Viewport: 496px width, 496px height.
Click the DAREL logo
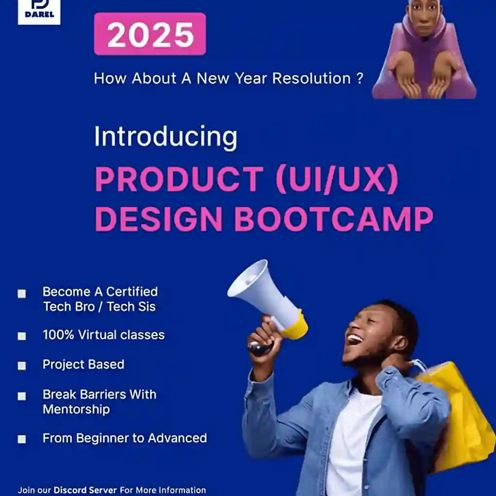pos(39,12)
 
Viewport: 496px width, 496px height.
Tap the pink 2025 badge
pos(150,34)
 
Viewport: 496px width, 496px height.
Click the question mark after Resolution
pos(360,78)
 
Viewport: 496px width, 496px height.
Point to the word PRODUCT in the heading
pos(179,179)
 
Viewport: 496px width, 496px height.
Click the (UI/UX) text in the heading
pos(337,179)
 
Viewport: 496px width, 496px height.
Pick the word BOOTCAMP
pos(334,219)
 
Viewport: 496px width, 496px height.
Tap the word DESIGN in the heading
pos(159,219)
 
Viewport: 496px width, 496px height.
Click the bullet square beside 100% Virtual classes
pos(22,336)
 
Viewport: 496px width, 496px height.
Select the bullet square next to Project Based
pos(22,366)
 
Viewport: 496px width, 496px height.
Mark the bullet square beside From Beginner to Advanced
pos(22,439)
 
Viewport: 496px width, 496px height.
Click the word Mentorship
pos(76,409)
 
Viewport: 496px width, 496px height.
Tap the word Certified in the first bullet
pos(132,292)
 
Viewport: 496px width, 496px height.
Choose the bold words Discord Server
pos(85,490)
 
